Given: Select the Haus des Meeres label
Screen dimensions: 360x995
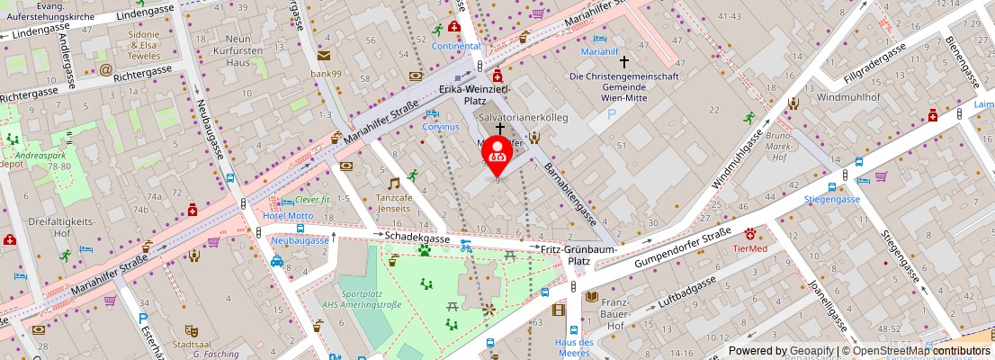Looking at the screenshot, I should pyautogui.click(x=574, y=347).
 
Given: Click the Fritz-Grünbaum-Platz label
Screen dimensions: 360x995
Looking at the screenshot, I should pyautogui.click(x=578, y=255).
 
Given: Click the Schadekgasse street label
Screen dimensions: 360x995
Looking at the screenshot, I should pyautogui.click(x=417, y=235).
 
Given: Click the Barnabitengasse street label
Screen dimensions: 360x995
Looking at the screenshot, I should pyautogui.click(x=567, y=194).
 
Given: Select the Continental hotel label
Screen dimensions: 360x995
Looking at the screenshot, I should pyautogui.click(x=456, y=45).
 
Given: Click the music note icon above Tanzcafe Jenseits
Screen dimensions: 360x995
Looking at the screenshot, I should pyautogui.click(x=393, y=183).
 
